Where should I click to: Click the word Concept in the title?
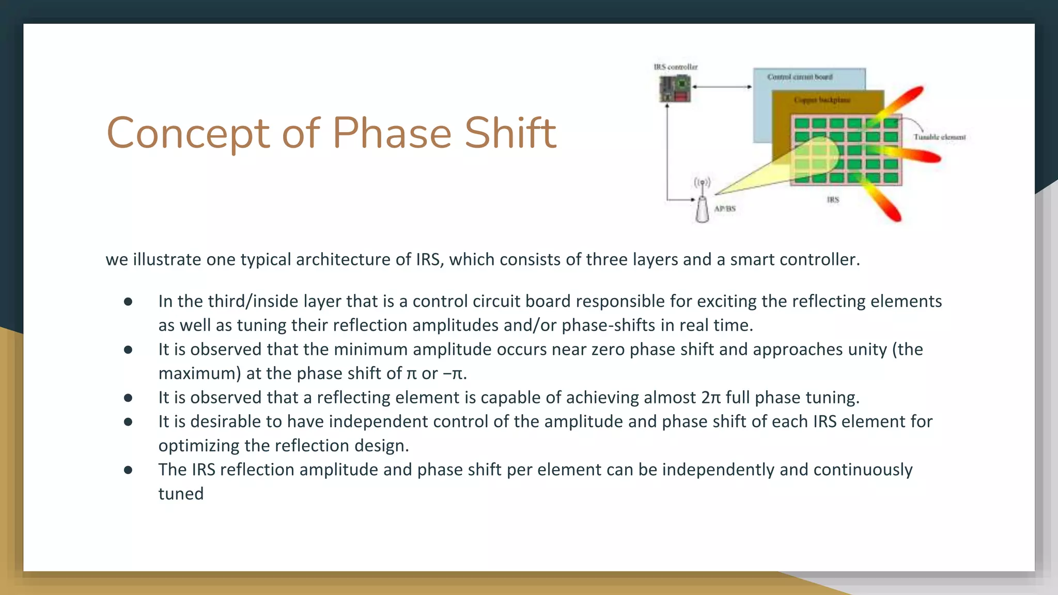pyautogui.click(x=188, y=133)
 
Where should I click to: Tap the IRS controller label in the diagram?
pyautogui.click(x=675, y=67)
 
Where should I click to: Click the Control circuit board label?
pyautogui.click(x=800, y=77)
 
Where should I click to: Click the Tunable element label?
pyautogui.click(x=939, y=137)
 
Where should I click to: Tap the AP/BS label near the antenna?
pyautogui.click(x=725, y=209)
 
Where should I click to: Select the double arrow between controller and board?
pyautogui.click(x=722, y=87)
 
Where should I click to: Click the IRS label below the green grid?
pyautogui.click(x=833, y=200)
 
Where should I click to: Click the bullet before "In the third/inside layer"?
pyautogui.click(x=128, y=302)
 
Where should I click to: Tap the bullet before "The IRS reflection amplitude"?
pyautogui.click(x=128, y=470)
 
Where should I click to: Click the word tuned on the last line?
pyautogui.click(x=181, y=494)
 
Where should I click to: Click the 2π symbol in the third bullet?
pyautogui.click(x=710, y=398)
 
